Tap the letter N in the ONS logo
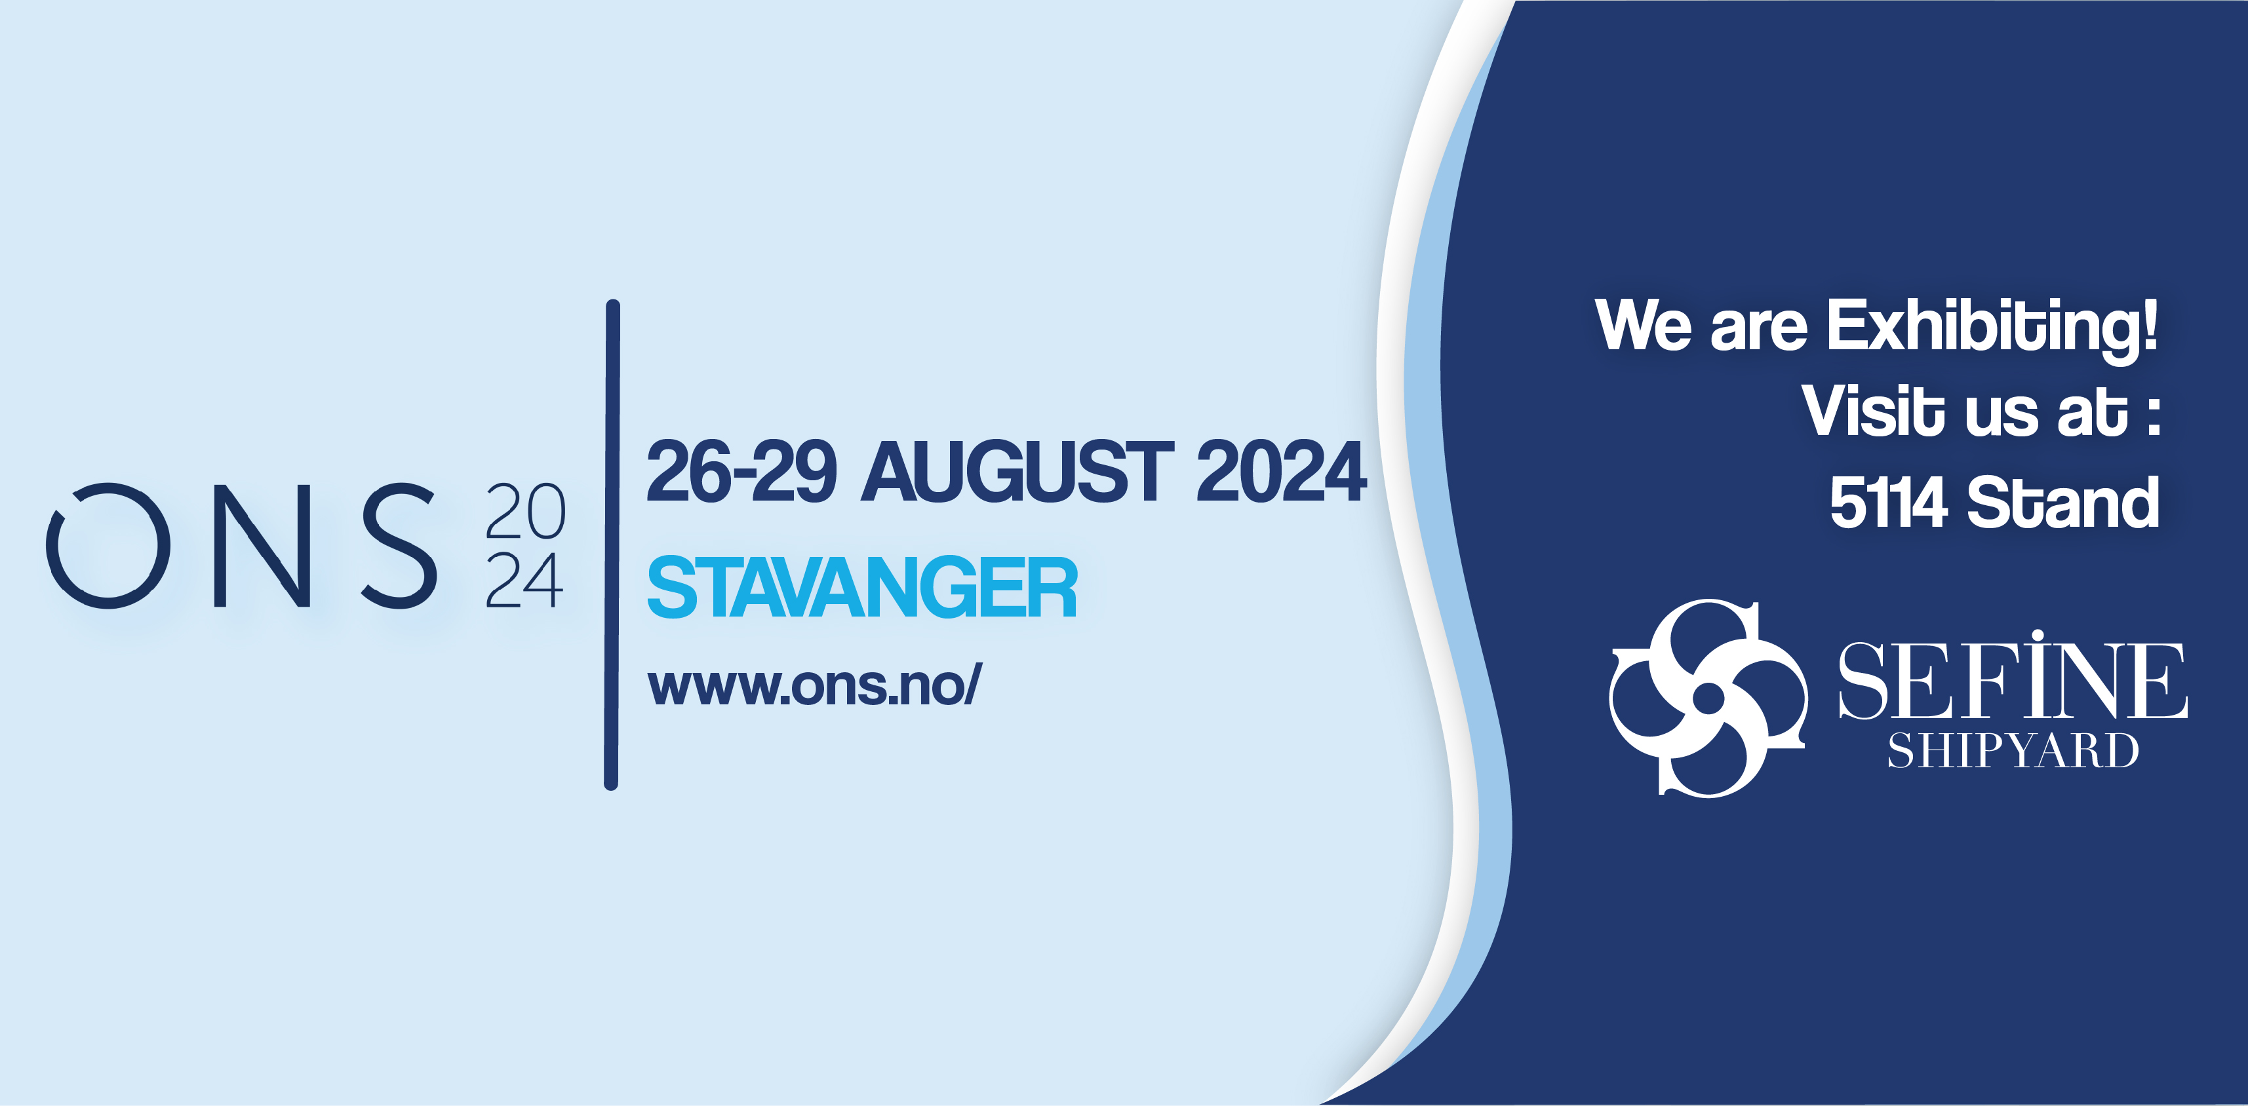[x=262, y=545]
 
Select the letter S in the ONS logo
[x=400, y=545]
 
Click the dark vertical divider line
[x=612, y=545]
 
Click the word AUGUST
[x=1017, y=471]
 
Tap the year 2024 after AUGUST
[x=1280, y=471]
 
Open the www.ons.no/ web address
[x=814, y=685]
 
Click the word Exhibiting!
[x=1992, y=326]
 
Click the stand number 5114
[x=1887, y=503]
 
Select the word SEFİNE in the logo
[x=2013, y=677]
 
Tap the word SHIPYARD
[x=2013, y=751]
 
